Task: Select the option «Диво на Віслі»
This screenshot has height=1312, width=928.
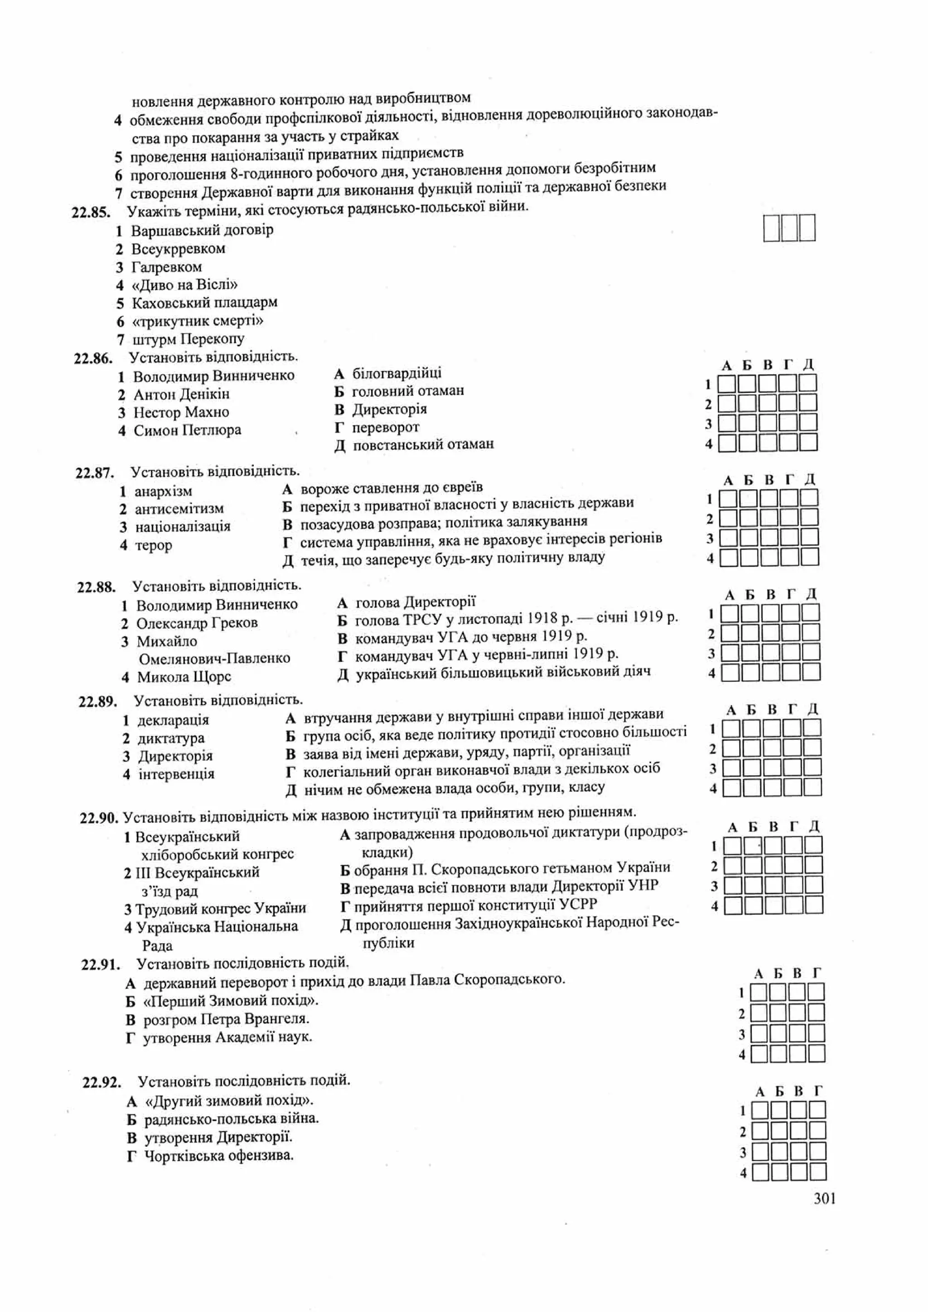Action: point(184,285)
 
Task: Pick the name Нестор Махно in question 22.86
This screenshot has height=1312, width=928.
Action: point(181,412)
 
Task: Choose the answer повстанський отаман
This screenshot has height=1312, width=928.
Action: point(423,444)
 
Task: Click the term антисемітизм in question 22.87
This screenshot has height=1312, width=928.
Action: point(179,509)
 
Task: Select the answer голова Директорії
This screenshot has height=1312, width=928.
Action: point(416,602)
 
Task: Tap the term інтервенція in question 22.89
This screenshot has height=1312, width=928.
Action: point(177,774)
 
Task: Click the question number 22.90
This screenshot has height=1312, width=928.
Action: point(99,818)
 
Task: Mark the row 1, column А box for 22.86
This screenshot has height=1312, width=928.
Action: point(726,383)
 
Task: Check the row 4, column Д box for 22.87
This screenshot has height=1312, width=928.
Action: point(809,557)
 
